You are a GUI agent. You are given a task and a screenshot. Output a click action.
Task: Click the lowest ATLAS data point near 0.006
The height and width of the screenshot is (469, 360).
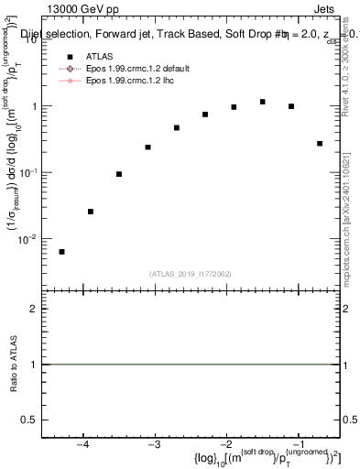point(61,252)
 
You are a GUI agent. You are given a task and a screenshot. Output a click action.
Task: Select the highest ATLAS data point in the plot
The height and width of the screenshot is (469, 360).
point(263,102)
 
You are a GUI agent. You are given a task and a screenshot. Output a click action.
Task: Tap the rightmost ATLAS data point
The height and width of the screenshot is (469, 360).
point(320,144)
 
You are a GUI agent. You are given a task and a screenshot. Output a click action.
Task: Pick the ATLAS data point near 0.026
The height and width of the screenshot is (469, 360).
point(91,212)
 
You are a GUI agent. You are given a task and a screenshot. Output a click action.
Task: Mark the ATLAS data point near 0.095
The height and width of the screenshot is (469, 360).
point(119,174)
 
